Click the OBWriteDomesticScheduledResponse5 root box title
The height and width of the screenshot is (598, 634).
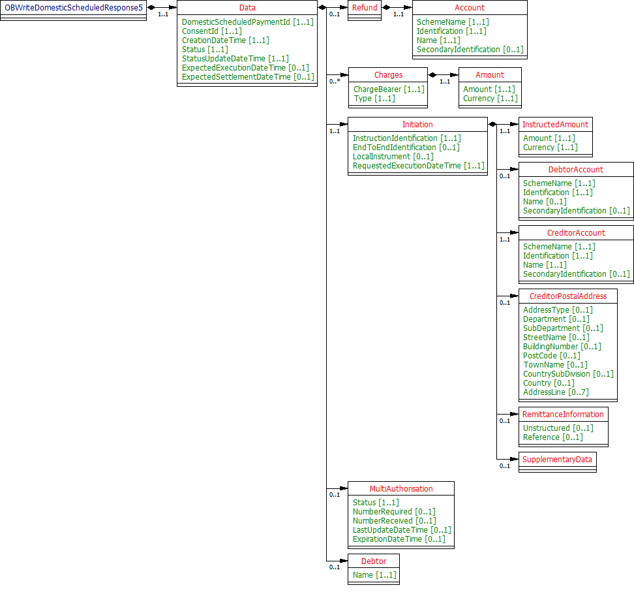coord(74,8)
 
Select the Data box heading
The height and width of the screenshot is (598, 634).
coord(247,8)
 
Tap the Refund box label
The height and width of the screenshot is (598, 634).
coord(365,8)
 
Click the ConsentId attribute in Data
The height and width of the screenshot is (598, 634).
coord(211,31)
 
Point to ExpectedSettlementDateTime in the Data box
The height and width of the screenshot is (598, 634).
coord(247,77)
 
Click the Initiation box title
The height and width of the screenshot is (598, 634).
coord(417,125)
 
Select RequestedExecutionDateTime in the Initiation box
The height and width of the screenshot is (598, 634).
coord(418,166)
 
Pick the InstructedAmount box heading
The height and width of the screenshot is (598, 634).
coord(555,125)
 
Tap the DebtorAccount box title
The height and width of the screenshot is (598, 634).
coord(575,170)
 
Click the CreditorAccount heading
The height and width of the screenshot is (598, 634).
coord(575,233)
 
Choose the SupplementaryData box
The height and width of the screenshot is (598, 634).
coord(557,460)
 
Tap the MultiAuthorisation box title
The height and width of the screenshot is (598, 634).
coord(400,489)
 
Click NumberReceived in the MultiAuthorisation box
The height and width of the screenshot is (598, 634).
coord(394,521)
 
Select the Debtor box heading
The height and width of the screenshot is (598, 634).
coord(373,561)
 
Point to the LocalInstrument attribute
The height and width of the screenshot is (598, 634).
coord(393,157)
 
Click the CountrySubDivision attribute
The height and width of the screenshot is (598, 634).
coord(567,374)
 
